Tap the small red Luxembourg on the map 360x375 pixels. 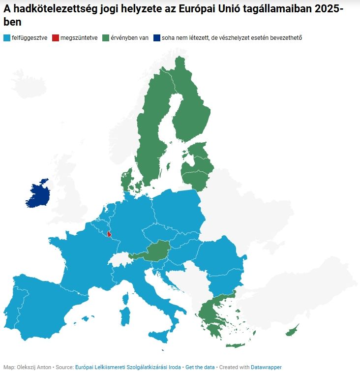(109, 235)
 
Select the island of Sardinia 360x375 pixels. (125, 316)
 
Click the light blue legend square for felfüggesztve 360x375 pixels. (6, 38)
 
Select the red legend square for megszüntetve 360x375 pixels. (55, 38)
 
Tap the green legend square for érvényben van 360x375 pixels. (106, 38)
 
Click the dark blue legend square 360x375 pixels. (156, 38)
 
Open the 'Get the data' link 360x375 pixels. (200, 367)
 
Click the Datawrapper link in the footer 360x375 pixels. (266, 367)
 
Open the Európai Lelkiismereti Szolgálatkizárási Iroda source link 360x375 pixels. (128, 367)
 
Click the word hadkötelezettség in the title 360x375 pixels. (55, 10)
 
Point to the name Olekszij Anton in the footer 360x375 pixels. (34, 367)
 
